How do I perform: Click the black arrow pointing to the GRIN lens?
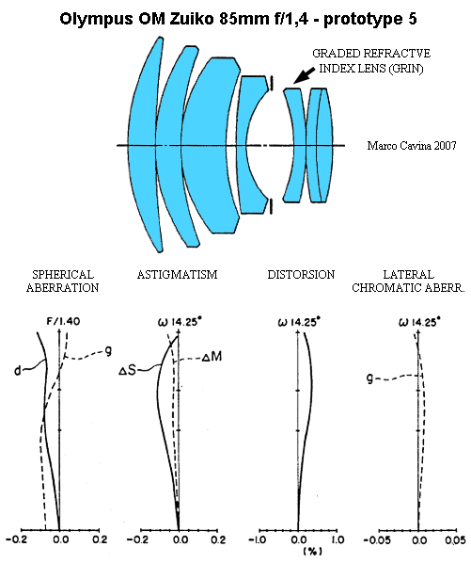[305, 74]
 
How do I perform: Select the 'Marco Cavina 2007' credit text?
[412, 145]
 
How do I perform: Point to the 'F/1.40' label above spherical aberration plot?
[63, 321]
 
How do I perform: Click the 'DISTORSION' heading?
[301, 275]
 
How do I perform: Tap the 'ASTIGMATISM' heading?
[177, 275]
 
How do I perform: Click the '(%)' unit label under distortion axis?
[312, 551]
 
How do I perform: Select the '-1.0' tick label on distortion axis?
[258, 539]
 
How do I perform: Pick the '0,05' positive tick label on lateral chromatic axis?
[456, 540]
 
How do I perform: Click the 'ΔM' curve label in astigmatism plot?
[212, 357]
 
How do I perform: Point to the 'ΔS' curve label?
[128, 370]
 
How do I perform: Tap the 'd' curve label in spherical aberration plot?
[18, 370]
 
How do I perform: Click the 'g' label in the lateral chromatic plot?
[369, 378]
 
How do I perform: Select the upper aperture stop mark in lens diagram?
[272, 83]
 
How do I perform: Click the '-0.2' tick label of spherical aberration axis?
[17, 539]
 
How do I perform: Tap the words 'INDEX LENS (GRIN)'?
[371, 68]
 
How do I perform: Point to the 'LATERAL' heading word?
[408, 275]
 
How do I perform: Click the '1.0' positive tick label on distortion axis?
[338, 539]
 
